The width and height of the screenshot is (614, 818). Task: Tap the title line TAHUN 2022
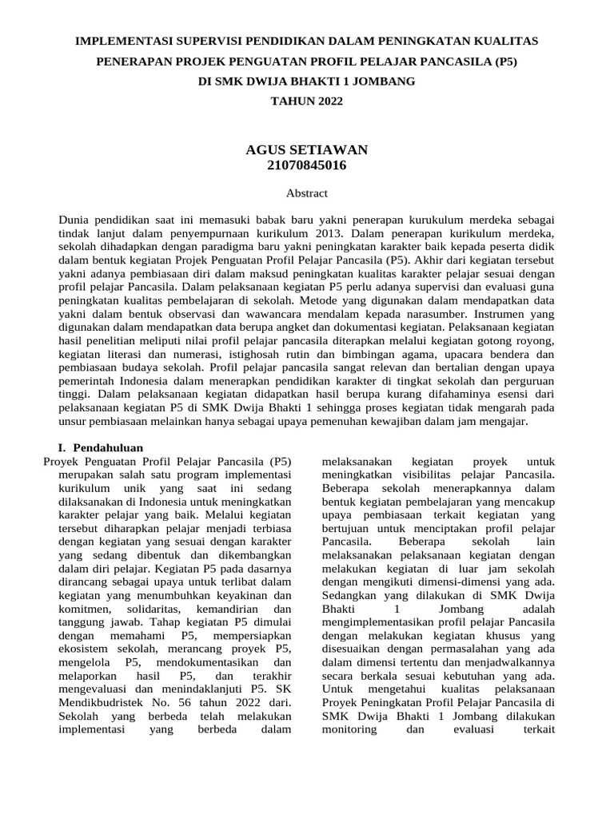pos(306,102)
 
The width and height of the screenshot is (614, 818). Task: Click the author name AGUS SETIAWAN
pos(306,150)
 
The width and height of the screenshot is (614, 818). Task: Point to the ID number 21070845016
pos(306,165)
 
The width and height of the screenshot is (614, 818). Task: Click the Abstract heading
pos(306,193)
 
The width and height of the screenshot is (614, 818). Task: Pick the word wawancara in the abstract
pos(236,315)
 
